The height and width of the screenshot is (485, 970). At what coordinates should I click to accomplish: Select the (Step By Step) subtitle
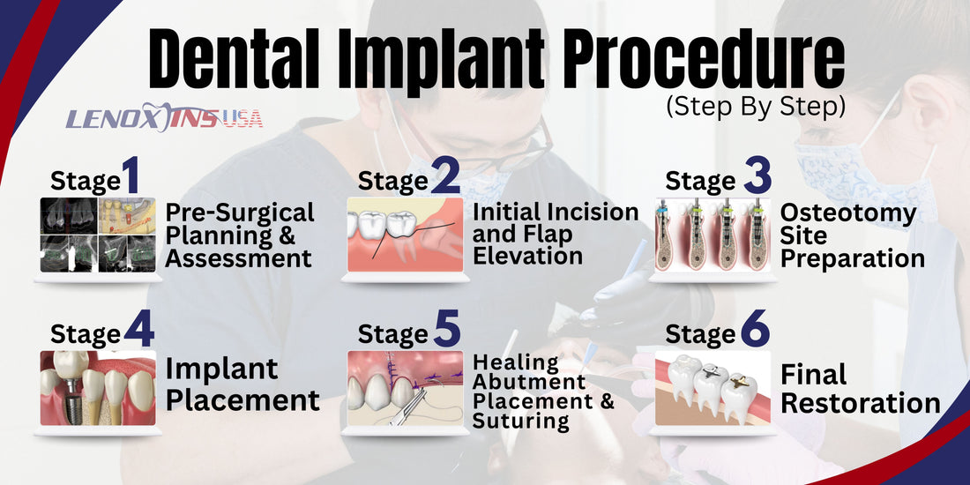[x=756, y=107]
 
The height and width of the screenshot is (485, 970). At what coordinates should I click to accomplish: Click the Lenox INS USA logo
[x=164, y=118]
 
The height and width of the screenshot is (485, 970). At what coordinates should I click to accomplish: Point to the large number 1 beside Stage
[x=131, y=177]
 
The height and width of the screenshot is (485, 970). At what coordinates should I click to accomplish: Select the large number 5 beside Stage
[x=447, y=331]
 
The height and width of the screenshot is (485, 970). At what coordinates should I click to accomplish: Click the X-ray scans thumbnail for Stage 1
[x=98, y=235]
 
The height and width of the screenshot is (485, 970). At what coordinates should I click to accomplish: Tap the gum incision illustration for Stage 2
[x=405, y=235]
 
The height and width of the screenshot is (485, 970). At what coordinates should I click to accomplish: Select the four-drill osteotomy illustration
[x=712, y=235]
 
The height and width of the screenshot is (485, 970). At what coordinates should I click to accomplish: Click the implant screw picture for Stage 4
[x=98, y=388]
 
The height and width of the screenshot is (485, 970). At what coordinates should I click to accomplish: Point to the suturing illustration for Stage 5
[x=405, y=388]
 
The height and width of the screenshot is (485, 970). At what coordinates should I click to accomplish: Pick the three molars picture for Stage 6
[x=712, y=388]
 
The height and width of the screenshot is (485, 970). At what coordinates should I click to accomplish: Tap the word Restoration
[x=861, y=404]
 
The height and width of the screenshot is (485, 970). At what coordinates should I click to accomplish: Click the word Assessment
[x=239, y=258]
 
